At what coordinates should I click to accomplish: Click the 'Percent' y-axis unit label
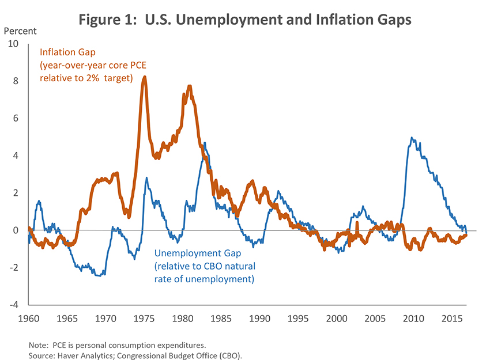coord(20,31)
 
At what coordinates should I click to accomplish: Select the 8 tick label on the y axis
coord(16,81)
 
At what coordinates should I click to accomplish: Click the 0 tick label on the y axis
coord(16,230)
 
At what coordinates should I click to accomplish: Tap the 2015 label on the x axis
coord(451,318)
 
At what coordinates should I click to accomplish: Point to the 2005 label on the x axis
coord(375,318)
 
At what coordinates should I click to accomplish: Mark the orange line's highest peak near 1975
coord(144,77)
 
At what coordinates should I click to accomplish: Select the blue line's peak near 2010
coord(411,138)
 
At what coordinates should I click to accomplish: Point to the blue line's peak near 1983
coord(205,143)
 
